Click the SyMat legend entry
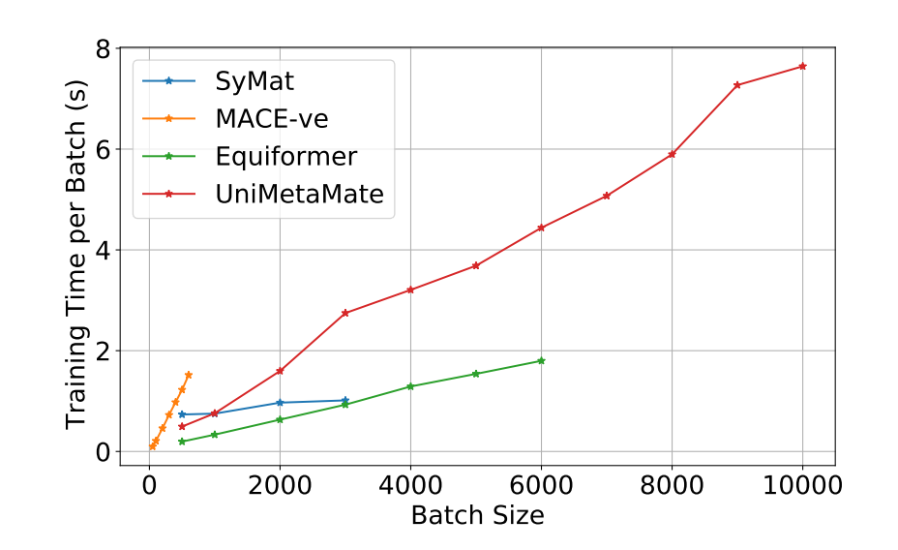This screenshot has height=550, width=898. click(x=255, y=81)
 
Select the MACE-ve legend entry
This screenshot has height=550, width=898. click(x=272, y=119)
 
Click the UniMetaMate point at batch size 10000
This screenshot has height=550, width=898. click(x=802, y=66)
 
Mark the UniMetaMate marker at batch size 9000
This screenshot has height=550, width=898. click(x=737, y=85)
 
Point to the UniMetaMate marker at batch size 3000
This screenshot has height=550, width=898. click(x=344, y=313)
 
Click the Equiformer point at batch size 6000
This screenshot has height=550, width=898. click(x=541, y=360)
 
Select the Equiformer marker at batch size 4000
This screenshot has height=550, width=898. click(x=410, y=386)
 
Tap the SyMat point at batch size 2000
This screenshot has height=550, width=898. click(x=280, y=403)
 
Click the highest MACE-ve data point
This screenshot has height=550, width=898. click(x=189, y=375)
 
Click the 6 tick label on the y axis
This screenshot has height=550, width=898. click(x=102, y=149)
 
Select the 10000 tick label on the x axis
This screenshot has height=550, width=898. click(x=802, y=486)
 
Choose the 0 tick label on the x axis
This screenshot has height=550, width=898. click(x=149, y=486)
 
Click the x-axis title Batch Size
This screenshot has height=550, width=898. click(x=477, y=516)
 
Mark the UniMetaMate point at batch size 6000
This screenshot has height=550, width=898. click(x=541, y=228)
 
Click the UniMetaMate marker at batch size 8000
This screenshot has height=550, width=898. click(x=672, y=154)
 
